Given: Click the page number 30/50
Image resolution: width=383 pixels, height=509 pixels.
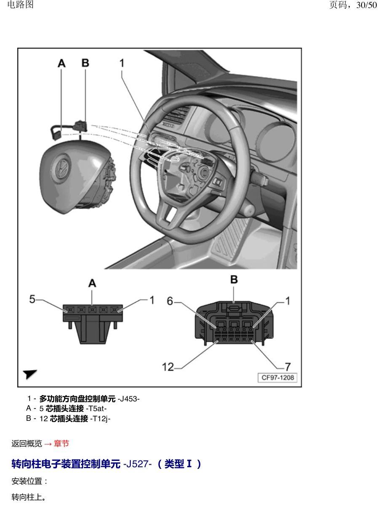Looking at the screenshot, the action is (x=367, y=5).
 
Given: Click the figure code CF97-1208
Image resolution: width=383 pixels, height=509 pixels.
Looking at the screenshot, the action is (x=278, y=377).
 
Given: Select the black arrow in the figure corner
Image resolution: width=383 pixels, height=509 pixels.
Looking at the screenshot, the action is (x=30, y=374).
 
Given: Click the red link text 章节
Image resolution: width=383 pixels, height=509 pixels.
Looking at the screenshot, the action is (x=62, y=444).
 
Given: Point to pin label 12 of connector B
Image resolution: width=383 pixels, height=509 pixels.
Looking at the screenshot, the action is (x=168, y=367).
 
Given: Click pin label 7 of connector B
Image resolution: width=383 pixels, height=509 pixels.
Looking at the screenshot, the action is (x=288, y=367).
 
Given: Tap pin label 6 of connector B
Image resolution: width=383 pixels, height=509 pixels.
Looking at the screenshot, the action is (x=170, y=301).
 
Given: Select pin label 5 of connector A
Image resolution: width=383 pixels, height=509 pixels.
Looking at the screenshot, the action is (x=32, y=299).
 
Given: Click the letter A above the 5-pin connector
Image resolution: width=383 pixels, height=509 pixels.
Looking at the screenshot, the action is (x=92, y=283).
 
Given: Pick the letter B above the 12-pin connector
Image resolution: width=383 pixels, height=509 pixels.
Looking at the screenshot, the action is (x=234, y=279).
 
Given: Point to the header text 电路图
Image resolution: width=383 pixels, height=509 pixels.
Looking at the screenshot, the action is (x=20, y=4).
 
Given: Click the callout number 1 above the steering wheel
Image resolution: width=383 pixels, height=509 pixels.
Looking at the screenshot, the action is (x=122, y=63).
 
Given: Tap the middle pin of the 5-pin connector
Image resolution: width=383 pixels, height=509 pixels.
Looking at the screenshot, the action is (x=92, y=309).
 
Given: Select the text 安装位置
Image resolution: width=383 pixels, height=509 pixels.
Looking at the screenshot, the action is (x=27, y=481).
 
